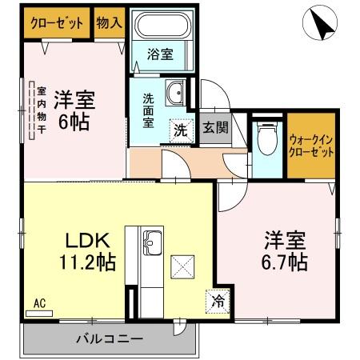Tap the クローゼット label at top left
tap(57, 23)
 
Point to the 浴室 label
tap(161, 54)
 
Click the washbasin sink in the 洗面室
tap(174, 95)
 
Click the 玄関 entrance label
tap(213, 128)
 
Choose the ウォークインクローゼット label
tap(311, 145)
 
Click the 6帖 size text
tap(74, 123)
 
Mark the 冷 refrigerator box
tap(218, 301)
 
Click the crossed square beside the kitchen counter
tap(182, 264)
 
